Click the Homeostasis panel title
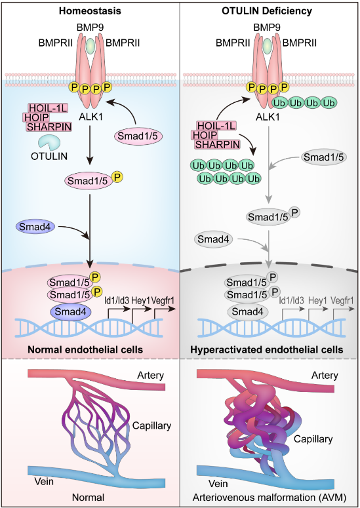pyautogui.click(x=90, y=10)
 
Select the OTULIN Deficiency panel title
pyautogui.click(x=267, y=10)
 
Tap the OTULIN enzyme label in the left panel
pyautogui.click(x=49, y=156)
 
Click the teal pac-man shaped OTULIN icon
pyautogui.click(x=49, y=142)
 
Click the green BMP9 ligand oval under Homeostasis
pyautogui.click(x=90, y=46)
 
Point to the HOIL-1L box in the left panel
pyautogui.click(x=48, y=108)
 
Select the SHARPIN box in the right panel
pyautogui.click(x=218, y=144)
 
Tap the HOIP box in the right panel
pyautogui.click(x=205, y=135)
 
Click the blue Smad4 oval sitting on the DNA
pyautogui.click(x=70, y=311)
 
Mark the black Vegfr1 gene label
pyautogui.click(x=163, y=301)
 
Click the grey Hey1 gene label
pyautogui.click(x=317, y=301)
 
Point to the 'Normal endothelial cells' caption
pyautogui.click(x=85, y=350)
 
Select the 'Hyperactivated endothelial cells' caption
pyautogui.click(x=267, y=350)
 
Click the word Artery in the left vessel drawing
pyautogui.click(x=150, y=375)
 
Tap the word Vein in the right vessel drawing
pyautogui.click(x=218, y=484)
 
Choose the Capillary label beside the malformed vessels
pyautogui.click(x=313, y=439)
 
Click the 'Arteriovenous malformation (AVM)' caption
pyautogui.click(x=270, y=497)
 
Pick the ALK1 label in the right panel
pyautogui.click(x=268, y=117)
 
